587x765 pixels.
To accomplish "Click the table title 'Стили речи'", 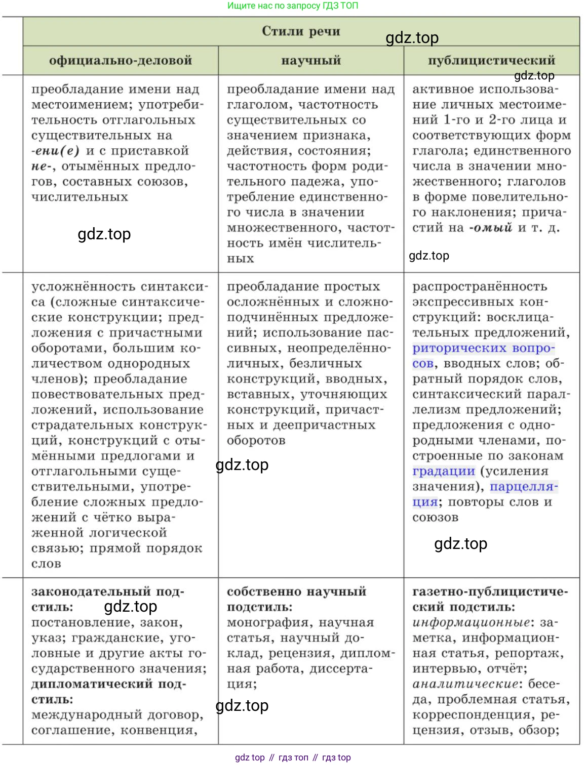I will (x=301, y=31).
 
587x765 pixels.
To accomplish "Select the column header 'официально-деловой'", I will (x=121, y=61).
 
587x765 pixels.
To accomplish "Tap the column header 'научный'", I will (x=311, y=61).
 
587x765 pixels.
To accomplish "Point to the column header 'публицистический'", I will (x=491, y=61).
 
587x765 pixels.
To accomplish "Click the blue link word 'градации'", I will (x=444, y=472).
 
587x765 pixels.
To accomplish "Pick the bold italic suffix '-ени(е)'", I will (x=55, y=151).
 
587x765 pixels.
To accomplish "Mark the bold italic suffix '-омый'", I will (x=491, y=228).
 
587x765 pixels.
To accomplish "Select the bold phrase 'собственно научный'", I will (x=296, y=591).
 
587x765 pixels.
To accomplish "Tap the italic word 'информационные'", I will (x=471, y=622).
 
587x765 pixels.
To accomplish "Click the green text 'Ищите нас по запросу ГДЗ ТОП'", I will (x=293, y=6).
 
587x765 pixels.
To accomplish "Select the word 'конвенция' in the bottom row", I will (x=165, y=730).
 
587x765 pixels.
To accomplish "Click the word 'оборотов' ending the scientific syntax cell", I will (x=256, y=441).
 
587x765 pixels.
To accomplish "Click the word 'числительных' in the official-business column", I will (x=80, y=197).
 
